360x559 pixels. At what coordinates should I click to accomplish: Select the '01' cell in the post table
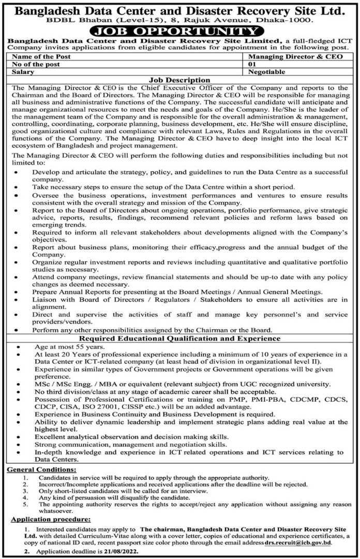click(x=253, y=65)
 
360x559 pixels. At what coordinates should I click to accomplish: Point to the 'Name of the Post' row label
click(x=41, y=56)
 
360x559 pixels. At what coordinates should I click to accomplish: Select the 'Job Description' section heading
click(x=179, y=81)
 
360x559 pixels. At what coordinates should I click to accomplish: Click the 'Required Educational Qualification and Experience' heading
click(x=179, y=338)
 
